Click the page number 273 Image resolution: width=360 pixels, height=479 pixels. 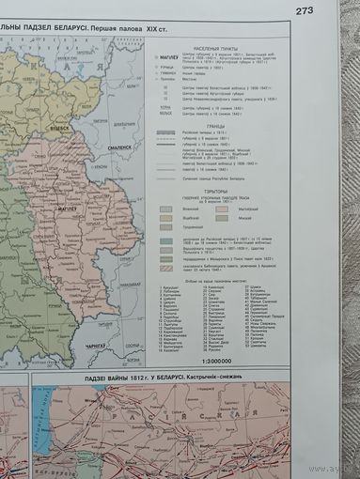click(305, 11)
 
